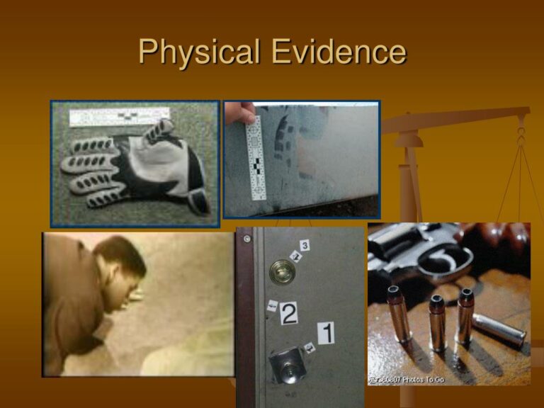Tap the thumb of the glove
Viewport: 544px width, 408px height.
click(x=162, y=131)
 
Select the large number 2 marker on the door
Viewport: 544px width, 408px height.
click(x=288, y=312)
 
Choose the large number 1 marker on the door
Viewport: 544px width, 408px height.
click(x=326, y=331)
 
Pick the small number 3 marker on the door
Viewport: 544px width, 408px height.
click(x=304, y=245)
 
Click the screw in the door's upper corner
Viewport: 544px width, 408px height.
click(x=246, y=239)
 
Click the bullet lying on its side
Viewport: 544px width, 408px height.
click(x=498, y=330)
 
